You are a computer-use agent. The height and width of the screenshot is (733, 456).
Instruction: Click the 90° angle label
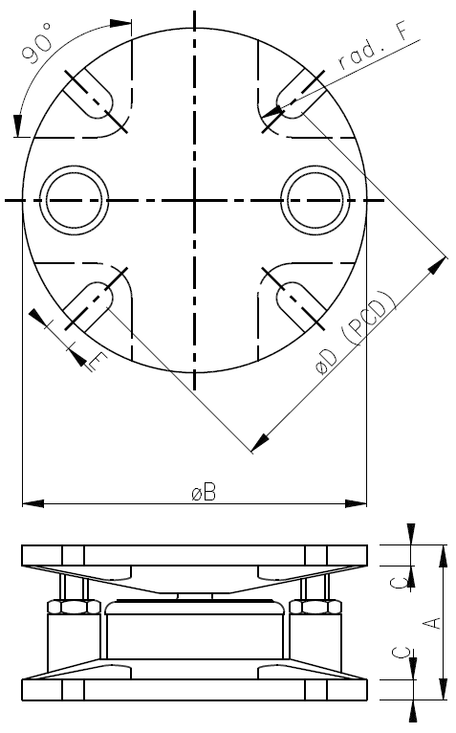click(x=39, y=47)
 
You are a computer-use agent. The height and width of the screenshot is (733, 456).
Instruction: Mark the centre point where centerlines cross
click(x=195, y=200)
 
